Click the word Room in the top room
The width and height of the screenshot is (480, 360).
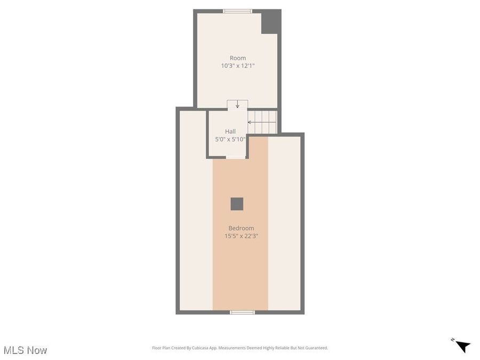pyautogui.click(x=238, y=58)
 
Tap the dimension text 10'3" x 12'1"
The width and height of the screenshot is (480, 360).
pyautogui.click(x=238, y=66)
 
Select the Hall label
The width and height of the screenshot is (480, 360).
pyautogui.click(x=230, y=131)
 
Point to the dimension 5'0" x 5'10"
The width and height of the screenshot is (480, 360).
pyautogui.click(x=230, y=140)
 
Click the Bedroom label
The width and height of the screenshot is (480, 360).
pyautogui.click(x=241, y=228)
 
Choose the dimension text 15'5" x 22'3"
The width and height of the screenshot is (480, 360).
pyautogui.click(x=241, y=236)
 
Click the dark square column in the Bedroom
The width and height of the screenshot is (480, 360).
pyautogui.click(x=237, y=204)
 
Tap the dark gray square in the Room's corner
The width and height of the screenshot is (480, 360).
pyautogui.click(x=270, y=22)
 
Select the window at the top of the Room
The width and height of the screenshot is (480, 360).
pyautogui.click(x=238, y=11)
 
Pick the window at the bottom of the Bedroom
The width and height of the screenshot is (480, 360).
pyautogui.click(x=238, y=312)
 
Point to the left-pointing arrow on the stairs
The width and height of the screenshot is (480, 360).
pyautogui.click(x=250, y=122)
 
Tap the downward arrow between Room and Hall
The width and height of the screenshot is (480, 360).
pyautogui.click(x=237, y=105)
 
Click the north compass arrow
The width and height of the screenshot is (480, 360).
pyautogui.click(x=463, y=346)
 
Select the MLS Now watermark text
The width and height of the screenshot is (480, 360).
pyautogui.click(x=26, y=350)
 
